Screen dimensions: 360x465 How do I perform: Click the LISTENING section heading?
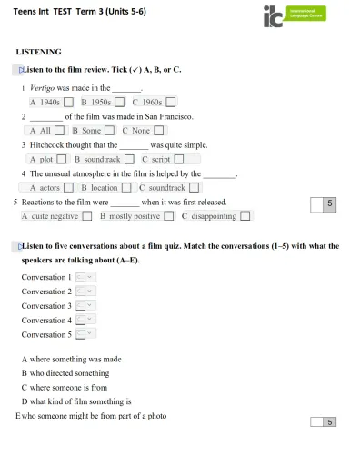[x=39, y=52]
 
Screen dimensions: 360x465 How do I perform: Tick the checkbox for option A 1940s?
[x=69, y=103]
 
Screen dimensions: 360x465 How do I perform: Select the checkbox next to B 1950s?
[x=119, y=103]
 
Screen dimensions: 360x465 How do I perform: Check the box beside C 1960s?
[x=170, y=103]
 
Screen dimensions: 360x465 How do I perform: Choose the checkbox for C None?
[x=159, y=131]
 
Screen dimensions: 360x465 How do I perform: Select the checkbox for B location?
[x=126, y=188]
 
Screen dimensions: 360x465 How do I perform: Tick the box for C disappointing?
[x=245, y=216]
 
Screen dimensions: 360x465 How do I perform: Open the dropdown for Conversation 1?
[x=85, y=277]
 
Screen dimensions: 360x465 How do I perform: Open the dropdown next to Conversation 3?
[x=85, y=306]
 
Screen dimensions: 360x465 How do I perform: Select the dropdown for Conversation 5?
[x=85, y=335]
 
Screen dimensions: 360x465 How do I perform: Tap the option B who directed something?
[x=65, y=373]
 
